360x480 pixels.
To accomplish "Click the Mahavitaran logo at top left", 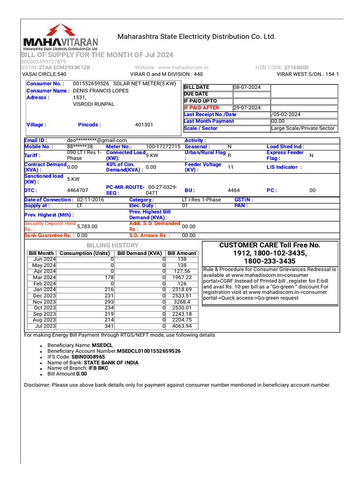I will pos(60,37).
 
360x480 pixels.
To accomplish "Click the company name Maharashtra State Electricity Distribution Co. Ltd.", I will pos(196,37).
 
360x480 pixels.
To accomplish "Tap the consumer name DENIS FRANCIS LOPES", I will pos(101,90).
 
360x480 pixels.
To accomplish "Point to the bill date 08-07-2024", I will pos(247,87).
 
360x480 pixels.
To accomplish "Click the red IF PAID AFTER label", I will pos(201,108).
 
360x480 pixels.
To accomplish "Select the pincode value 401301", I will pos(144,125).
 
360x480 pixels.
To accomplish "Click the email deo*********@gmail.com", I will pos(97,140).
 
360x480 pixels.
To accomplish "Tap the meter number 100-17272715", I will pos(163,147).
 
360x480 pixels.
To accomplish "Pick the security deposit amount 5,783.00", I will pos(87,226).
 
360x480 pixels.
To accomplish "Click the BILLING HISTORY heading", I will pos(112,245).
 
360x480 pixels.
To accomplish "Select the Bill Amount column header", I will pos(182,253).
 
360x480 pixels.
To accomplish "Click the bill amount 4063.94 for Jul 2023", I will pos(182,326).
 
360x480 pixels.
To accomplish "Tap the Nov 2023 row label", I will pos(44,302).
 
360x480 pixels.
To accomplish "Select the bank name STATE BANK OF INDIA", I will pos(111,363).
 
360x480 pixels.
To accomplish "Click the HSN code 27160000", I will pos(297,67).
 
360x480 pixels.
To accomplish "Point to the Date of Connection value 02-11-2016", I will pos(91,200).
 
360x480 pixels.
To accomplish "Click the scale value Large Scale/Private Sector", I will pos(303,128).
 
